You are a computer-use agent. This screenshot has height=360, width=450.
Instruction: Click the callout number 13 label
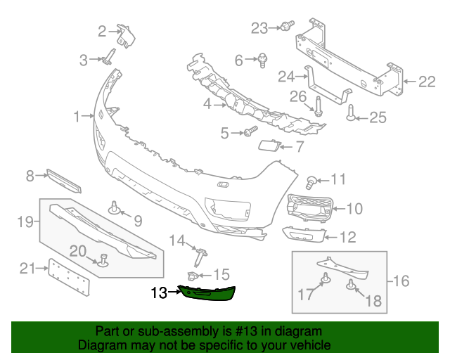[158, 292]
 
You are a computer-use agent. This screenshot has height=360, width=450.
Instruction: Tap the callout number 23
[259, 28]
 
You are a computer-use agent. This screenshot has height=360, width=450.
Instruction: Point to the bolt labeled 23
[286, 26]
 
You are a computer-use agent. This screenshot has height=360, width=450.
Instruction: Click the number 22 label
[427, 82]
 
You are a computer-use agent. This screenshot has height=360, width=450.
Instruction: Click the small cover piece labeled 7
[268, 146]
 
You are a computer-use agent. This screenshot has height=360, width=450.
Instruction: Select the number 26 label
[298, 96]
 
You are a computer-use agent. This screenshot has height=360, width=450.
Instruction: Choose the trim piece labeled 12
[305, 234]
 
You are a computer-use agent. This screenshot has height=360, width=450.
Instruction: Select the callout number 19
[25, 223]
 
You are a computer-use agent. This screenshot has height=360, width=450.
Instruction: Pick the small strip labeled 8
[64, 181]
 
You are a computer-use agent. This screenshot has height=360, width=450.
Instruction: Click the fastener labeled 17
[326, 281]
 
